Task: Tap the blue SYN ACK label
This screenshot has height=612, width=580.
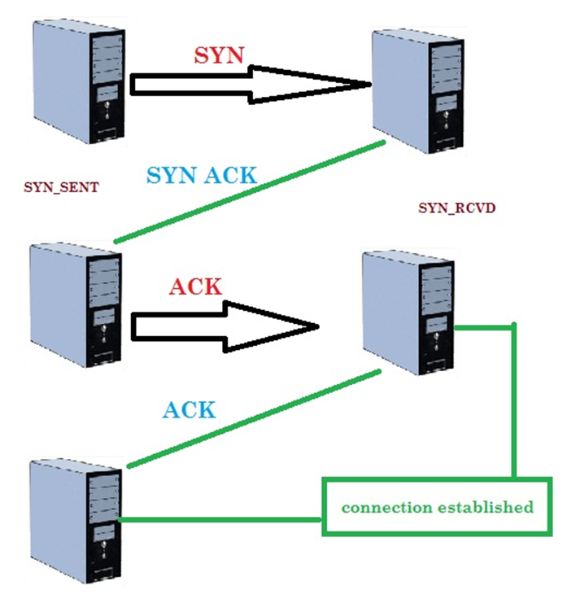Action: pyautogui.click(x=202, y=175)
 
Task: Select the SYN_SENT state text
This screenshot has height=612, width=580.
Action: pyautogui.click(x=62, y=187)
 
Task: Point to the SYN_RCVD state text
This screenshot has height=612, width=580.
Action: pyautogui.click(x=456, y=208)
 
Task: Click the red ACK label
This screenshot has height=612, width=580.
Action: pyautogui.click(x=195, y=286)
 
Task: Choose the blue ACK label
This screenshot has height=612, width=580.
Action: pyautogui.click(x=189, y=409)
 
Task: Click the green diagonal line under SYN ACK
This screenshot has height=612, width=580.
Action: pyautogui.click(x=248, y=192)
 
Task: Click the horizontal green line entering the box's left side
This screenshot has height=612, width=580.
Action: pyautogui.click(x=220, y=518)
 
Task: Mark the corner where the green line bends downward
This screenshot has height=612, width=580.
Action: pyautogui.click(x=514, y=327)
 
